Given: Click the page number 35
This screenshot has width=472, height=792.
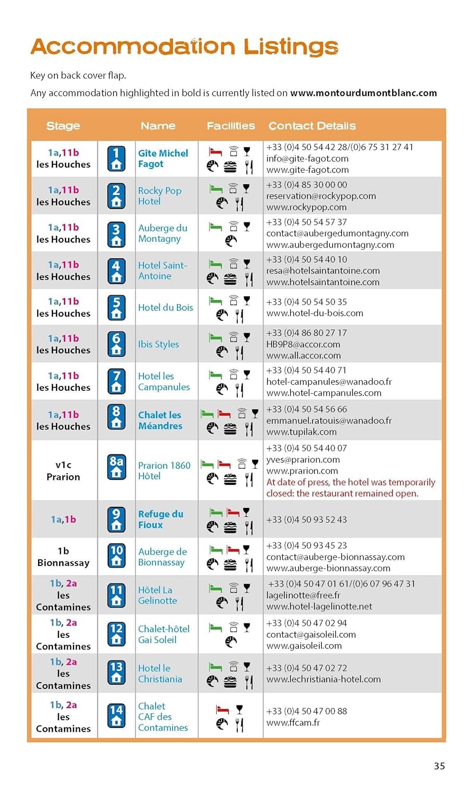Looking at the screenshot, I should [439, 766].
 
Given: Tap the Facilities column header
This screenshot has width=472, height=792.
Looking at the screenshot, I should [230, 126].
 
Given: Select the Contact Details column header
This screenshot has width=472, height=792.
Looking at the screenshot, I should [312, 126].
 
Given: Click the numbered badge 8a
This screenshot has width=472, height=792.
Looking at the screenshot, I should [116, 467].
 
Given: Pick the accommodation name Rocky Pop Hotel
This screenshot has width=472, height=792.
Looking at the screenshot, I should [160, 196].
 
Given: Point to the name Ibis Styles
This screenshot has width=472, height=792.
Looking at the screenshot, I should [159, 344].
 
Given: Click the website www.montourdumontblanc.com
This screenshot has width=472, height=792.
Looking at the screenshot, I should [364, 93].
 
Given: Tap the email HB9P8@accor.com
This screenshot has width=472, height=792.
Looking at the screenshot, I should [303, 344].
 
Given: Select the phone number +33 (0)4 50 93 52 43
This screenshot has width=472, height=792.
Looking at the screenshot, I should [307, 520].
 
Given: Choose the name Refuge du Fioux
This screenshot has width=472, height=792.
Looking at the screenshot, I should [161, 520].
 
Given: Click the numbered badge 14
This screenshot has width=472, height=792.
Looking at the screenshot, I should [116, 716].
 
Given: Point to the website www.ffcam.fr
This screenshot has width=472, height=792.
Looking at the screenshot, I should [293, 722].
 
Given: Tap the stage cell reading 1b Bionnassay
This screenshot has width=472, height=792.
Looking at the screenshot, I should [63, 557].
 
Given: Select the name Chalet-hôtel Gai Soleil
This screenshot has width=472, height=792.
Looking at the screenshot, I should [164, 634].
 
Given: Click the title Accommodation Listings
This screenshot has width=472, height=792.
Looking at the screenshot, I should [184, 47].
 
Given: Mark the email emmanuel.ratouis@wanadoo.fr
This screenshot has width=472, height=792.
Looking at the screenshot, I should [329, 421].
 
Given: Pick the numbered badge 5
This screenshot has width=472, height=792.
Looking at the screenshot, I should [116, 307].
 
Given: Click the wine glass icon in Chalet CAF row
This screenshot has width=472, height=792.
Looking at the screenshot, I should [239, 709].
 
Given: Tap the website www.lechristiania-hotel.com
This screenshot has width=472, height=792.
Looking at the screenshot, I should [323, 680].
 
